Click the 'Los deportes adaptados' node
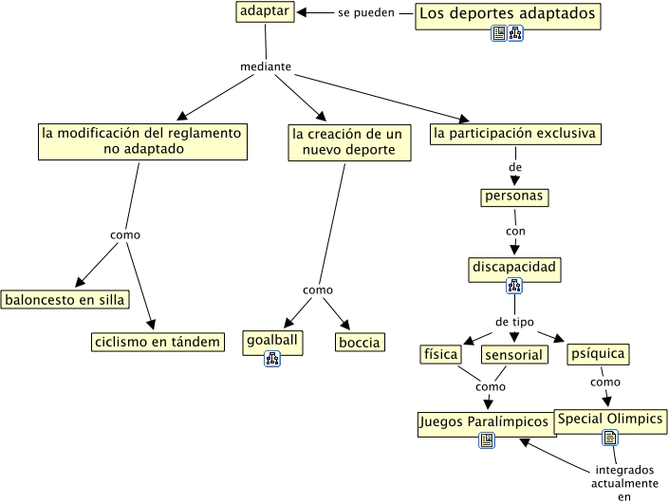click(x=508, y=14)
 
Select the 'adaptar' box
click(x=265, y=12)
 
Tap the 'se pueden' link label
click(x=365, y=13)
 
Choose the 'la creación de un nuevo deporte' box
click(x=346, y=141)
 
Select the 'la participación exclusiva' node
click(x=514, y=134)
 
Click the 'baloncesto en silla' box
click(x=65, y=300)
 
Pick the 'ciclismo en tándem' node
click(x=158, y=341)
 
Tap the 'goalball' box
click(x=272, y=339)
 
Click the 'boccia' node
click(x=359, y=342)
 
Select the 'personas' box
click(x=515, y=196)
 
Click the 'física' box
click(x=440, y=354)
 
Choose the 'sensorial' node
click(x=514, y=355)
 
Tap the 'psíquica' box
click(x=598, y=354)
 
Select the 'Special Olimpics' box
click(x=610, y=420)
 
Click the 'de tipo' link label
click(x=514, y=322)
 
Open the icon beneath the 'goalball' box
click(x=272, y=358)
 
